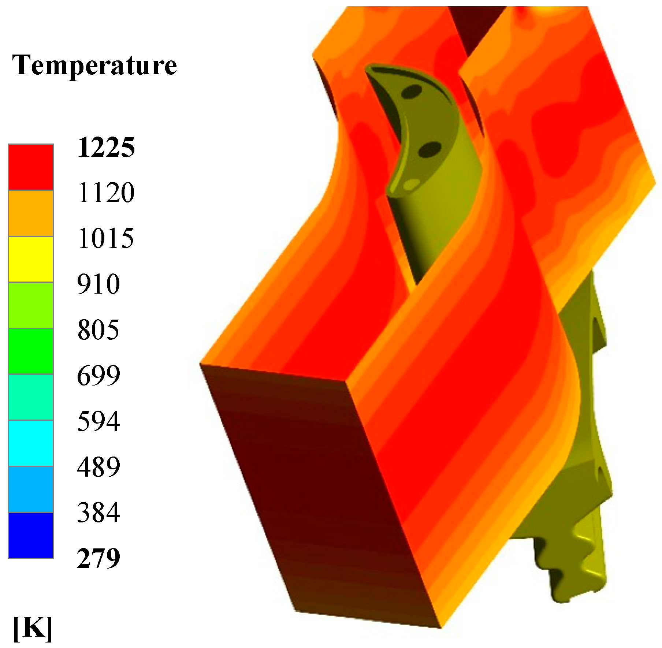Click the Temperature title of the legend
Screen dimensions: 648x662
click(95, 65)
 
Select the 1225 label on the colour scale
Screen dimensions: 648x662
click(106, 148)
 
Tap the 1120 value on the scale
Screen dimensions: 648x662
click(106, 193)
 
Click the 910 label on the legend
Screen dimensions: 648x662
click(98, 284)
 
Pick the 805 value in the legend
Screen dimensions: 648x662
click(98, 330)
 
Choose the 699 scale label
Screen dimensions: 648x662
click(98, 376)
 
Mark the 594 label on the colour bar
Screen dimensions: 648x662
click(98, 421)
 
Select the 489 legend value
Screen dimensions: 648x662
click(98, 467)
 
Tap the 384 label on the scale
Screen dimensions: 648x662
click(98, 513)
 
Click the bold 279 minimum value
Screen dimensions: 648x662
click(98, 558)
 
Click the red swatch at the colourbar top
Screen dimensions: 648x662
click(31, 167)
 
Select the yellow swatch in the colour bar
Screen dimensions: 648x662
click(31, 259)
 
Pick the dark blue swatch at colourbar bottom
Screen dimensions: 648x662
click(31, 535)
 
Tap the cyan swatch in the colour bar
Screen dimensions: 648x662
click(31, 443)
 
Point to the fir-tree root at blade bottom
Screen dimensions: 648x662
click(571, 560)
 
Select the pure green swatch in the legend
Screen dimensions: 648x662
click(31, 351)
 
